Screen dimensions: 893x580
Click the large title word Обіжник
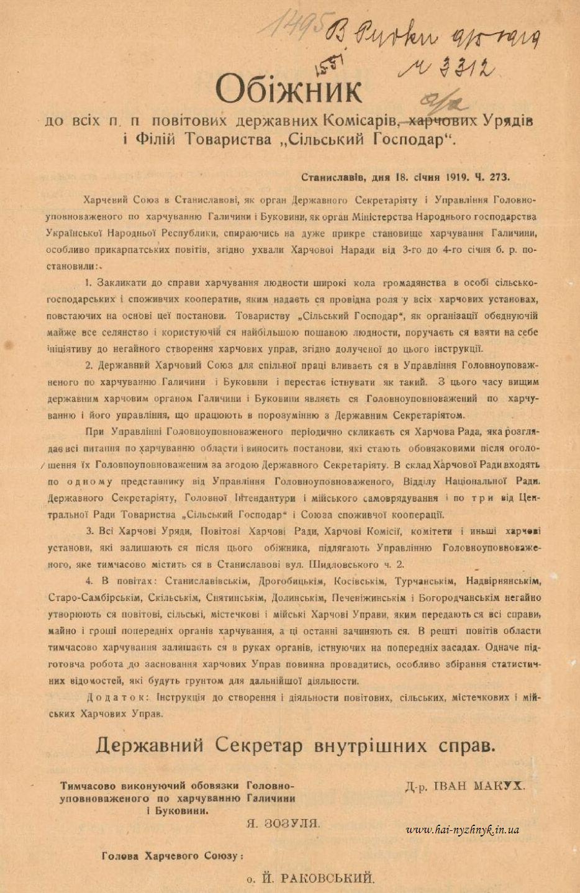[x=289, y=90]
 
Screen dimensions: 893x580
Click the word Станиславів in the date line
[x=335, y=176]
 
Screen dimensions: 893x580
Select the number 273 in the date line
[x=497, y=176]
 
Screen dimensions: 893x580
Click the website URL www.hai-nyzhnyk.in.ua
[x=463, y=830]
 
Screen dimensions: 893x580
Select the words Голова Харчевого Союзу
[x=171, y=856]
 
